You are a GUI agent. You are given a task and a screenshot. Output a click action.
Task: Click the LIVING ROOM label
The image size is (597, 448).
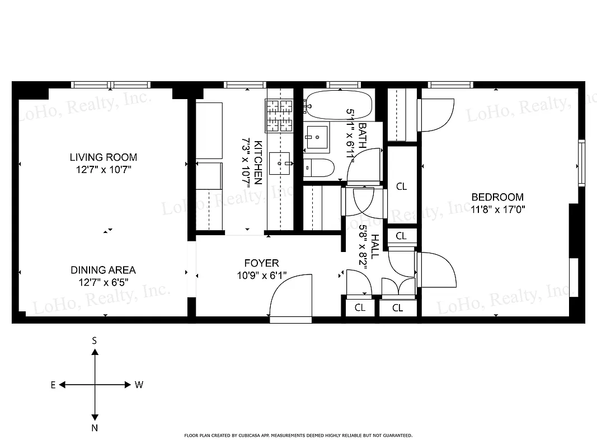pyautogui.click(x=103, y=157)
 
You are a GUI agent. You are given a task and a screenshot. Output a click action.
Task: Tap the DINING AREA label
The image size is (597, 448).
pyautogui.click(x=103, y=270)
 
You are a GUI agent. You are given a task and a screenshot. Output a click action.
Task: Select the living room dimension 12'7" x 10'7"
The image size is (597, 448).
pyautogui.click(x=103, y=169)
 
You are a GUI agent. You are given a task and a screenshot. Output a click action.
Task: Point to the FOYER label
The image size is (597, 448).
pyautogui.click(x=261, y=263)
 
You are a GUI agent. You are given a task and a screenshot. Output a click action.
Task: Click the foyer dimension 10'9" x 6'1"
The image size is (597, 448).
pyautogui.click(x=261, y=275)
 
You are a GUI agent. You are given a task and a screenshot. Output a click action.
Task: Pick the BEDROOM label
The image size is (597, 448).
pyautogui.click(x=497, y=197)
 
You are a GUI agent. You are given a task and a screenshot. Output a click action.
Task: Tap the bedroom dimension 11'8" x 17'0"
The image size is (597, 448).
pyautogui.click(x=497, y=209)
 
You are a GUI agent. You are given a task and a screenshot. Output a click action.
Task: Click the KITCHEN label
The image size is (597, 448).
pyautogui.click(x=258, y=162)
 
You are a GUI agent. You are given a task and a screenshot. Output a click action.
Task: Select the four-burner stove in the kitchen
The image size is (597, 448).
pyautogui.click(x=280, y=115)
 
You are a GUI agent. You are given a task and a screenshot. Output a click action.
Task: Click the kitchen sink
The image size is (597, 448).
pyautogui.click(x=280, y=163)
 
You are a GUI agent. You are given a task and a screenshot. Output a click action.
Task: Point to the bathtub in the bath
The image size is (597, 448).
pyautogui.click(x=339, y=104)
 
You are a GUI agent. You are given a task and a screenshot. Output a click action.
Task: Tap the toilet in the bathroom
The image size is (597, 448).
pyautogui.click(x=319, y=167)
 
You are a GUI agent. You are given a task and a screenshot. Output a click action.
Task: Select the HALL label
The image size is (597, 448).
pyautogui.click(x=375, y=246)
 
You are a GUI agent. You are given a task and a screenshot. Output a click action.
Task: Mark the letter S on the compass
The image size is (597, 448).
pyautogui.click(x=95, y=340)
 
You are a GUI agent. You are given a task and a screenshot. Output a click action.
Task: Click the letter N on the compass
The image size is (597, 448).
pyautogui.click(x=95, y=428)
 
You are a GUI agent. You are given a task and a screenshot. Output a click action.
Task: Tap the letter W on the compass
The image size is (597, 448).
pyautogui.click(x=139, y=385)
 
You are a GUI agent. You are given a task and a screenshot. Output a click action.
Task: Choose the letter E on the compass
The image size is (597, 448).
pyautogui.click(x=53, y=385)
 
